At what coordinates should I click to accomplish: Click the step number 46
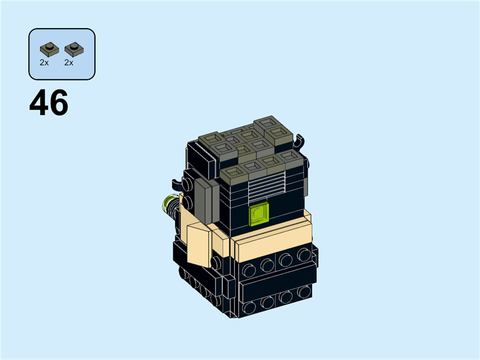point(49,103)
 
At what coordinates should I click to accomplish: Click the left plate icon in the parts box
point(49,49)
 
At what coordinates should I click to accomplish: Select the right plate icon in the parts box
point(73,49)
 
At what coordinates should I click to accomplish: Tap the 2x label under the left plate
point(44,62)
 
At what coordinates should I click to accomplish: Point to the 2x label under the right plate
point(68,62)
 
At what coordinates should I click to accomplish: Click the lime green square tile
point(259,214)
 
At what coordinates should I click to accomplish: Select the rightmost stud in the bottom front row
point(304,292)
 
